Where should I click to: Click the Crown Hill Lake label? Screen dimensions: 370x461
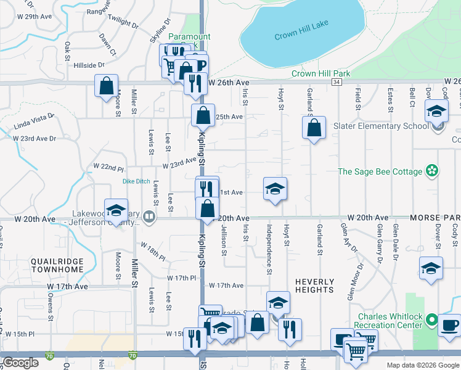coord(302,30)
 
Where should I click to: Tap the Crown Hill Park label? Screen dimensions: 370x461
coord(320,74)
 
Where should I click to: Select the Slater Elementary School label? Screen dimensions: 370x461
coord(380,126)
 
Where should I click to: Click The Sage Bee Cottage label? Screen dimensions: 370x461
coord(379,171)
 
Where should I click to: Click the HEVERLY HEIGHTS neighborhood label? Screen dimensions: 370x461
coord(314,285)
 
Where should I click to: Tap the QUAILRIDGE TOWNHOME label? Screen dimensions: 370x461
coord(57,266)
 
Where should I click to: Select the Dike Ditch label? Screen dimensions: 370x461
coord(136,181)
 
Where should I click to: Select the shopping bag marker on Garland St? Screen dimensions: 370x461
coord(314,128)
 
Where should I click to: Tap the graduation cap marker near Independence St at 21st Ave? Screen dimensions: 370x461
coord(275,189)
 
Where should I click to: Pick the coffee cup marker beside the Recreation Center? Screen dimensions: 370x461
coord(449,324)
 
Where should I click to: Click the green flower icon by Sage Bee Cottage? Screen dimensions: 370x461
coord(432,171)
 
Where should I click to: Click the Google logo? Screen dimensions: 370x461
coord(22,363)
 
